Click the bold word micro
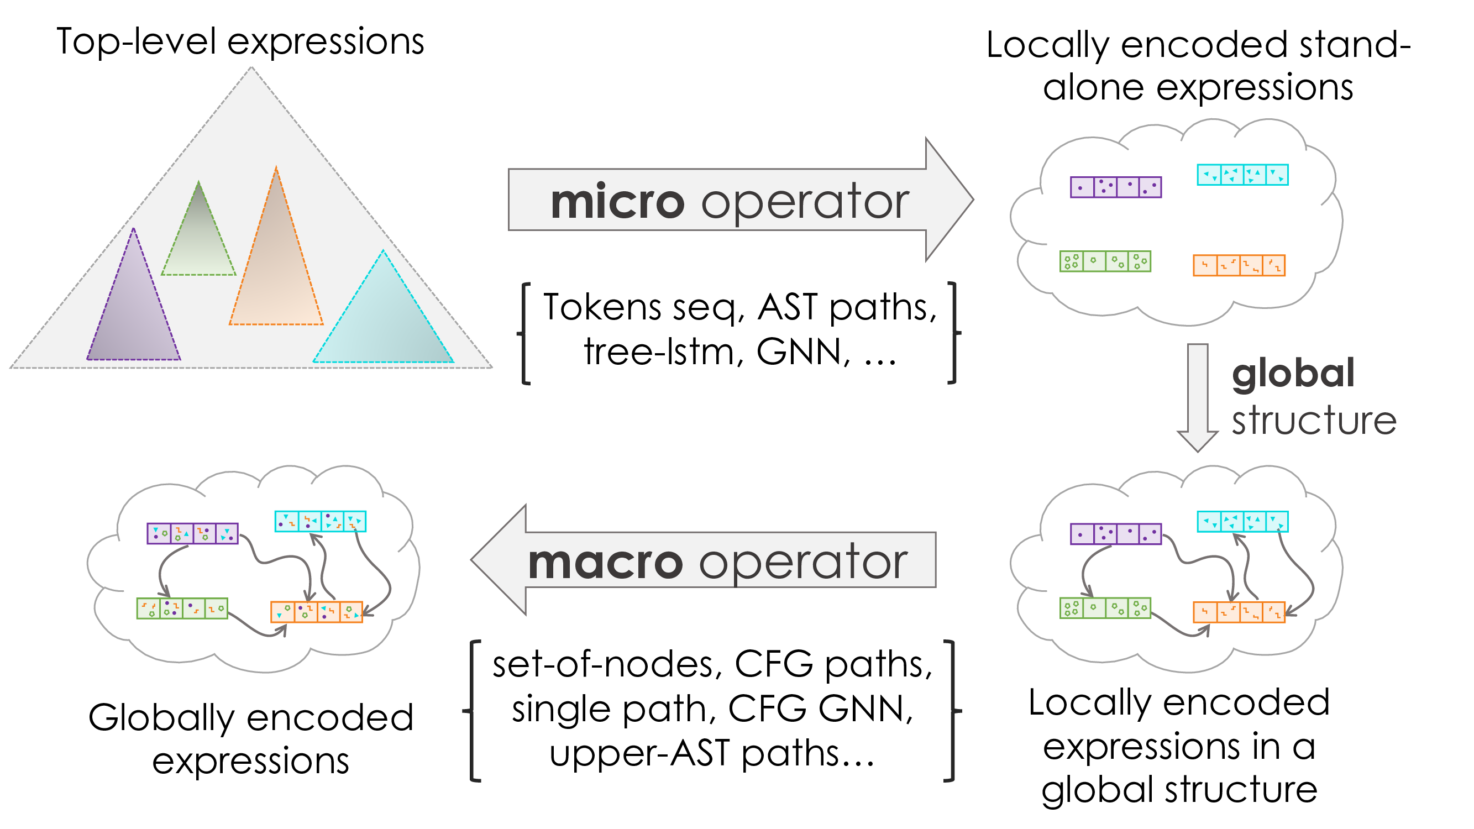617,202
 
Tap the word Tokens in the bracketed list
601,307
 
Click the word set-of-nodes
602,664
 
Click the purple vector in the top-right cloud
1116,187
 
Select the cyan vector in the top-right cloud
1242,175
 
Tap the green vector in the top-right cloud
1105,261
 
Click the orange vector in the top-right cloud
1239,265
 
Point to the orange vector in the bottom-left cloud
317,612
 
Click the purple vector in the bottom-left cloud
192,533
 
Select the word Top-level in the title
136,43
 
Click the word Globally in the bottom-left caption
161,718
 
